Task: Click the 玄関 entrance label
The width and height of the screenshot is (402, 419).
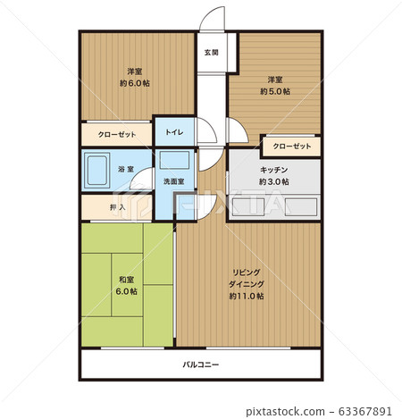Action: [x=212, y=51]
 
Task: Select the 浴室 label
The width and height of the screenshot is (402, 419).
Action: [x=125, y=169]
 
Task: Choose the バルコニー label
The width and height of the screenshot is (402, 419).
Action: [x=201, y=365]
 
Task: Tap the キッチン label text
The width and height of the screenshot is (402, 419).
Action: [x=273, y=169]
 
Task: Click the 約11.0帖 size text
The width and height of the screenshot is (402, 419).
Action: [x=246, y=296]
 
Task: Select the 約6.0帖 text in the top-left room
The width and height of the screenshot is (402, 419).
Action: [x=136, y=83]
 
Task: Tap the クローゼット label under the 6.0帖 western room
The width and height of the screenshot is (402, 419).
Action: [x=117, y=134]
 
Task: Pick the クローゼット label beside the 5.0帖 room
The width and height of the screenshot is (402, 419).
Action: [x=292, y=146]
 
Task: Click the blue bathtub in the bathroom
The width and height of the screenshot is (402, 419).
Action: [x=96, y=169]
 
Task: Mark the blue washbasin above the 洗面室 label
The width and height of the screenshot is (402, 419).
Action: [x=174, y=162]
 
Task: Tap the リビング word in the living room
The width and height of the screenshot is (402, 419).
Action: [x=246, y=272]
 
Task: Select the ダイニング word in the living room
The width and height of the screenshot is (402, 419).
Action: [x=246, y=283]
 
